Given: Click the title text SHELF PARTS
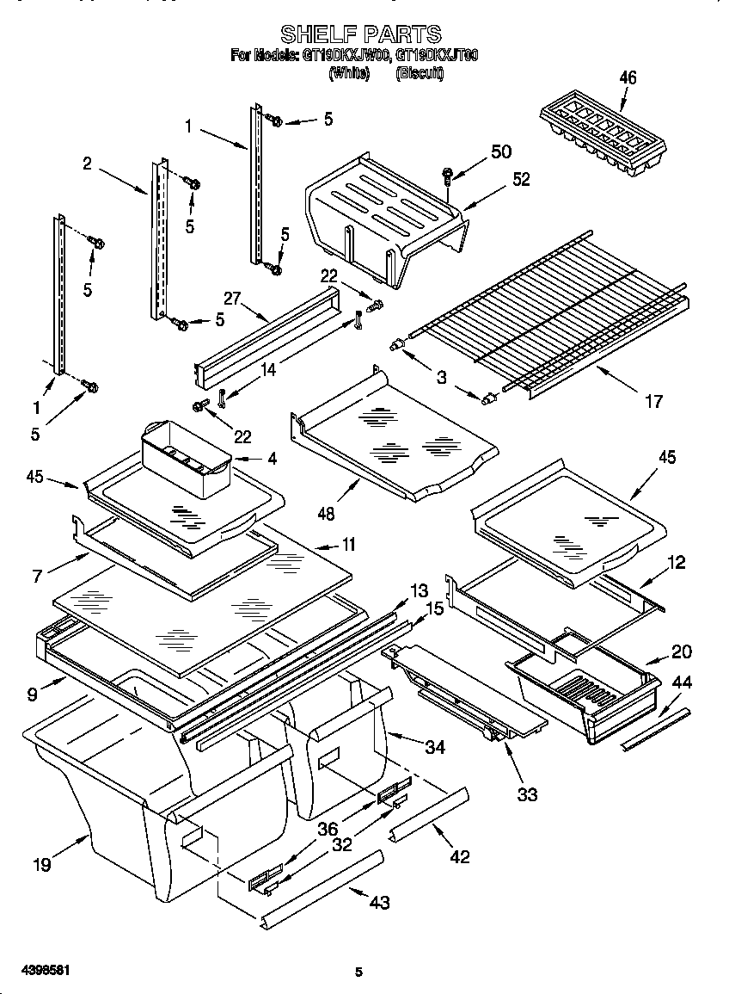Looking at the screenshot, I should (361, 34).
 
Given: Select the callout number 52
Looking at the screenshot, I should (521, 179).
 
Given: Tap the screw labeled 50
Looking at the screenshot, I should (449, 176).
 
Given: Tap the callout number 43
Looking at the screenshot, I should (379, 902).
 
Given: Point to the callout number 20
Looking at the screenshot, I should (681, 651).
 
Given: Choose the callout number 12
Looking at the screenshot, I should (677, 562).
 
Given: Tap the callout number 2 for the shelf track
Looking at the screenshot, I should (87, 163).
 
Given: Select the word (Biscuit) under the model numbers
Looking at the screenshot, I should (420, 75).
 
